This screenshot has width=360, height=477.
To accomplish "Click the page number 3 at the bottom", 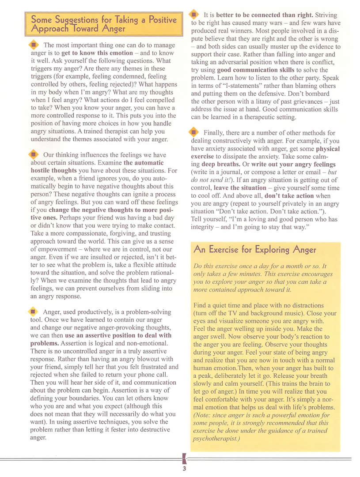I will tap(184, 469).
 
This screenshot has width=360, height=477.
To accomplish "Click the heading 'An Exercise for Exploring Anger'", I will tap(255, 249).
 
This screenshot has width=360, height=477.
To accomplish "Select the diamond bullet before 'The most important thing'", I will tap(34, 45).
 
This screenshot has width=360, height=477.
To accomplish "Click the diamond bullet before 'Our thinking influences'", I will tap(34, 154).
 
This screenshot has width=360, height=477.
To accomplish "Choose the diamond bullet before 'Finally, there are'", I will tap(195, 132).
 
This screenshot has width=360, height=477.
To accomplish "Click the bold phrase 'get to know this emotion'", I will tap(96, 53).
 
